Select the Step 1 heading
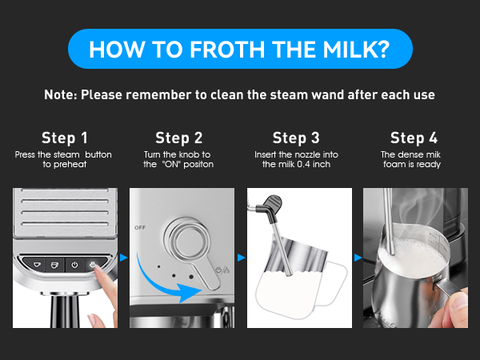pyautogui.click(x=65, y=137)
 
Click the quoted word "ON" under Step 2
pyautogui.click(x=169, y=164)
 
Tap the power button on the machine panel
pyautogui.click(x=74, y=263)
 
